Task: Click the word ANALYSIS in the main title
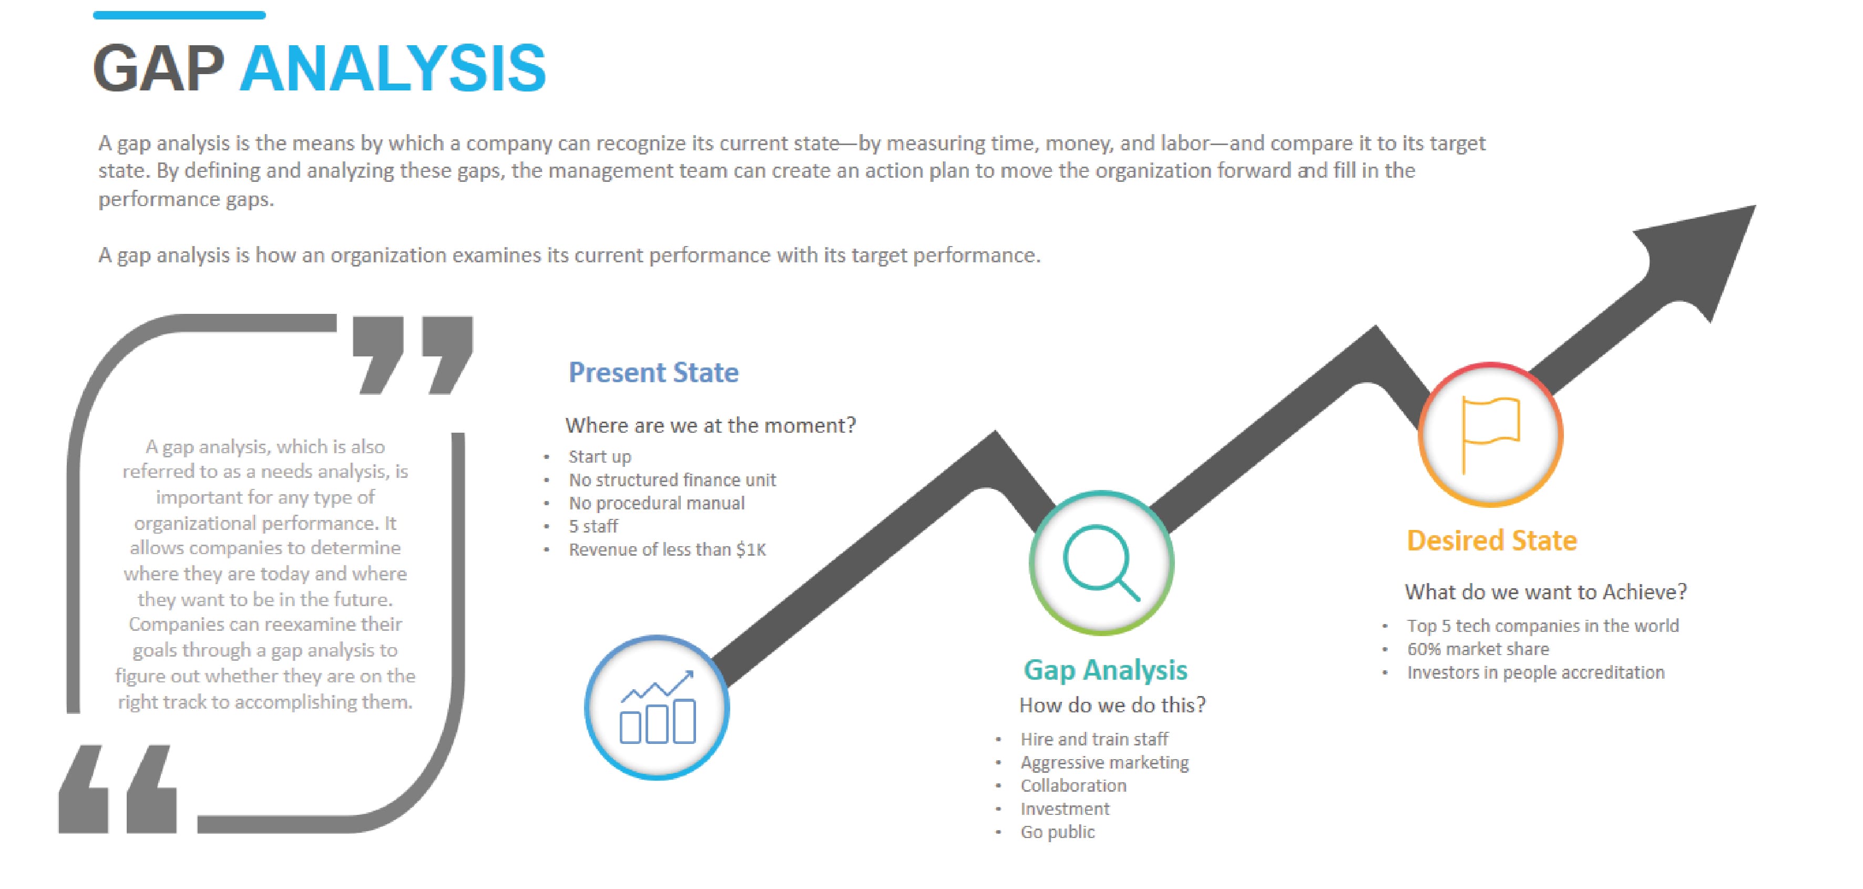coord(393,69)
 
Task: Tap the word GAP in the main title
coord(159,69)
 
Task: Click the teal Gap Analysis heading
coord(1105,670)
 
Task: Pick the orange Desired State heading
coord(1491,540)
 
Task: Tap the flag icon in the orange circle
coord(1490,434)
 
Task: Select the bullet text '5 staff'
coord(593,527)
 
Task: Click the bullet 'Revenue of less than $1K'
coord(667,550)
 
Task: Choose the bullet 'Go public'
coord(1057,832)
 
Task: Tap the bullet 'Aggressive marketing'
coord(1104,762)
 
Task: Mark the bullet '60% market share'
coord(1478,649)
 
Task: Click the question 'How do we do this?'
coord(1112,706)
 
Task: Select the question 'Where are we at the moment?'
coord(710,425)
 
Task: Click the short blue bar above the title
coord(179,15)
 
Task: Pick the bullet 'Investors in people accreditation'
coord(1536,673)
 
